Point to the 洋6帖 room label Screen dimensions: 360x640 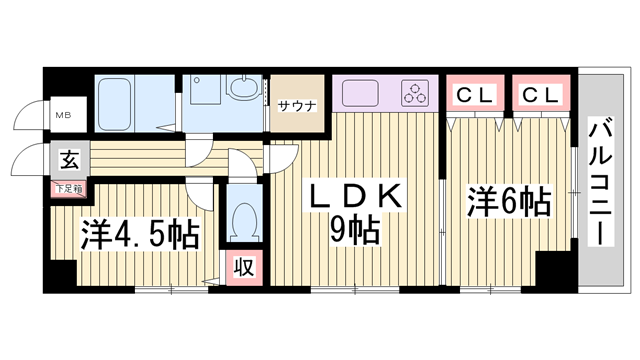(x=509, y=202)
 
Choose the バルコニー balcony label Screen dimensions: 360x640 (x=601, y=181)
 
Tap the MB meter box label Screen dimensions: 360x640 (x=62, y=115)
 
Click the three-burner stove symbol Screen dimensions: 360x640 (x=415, y=94)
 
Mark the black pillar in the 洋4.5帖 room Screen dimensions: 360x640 (x=62, y=272)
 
